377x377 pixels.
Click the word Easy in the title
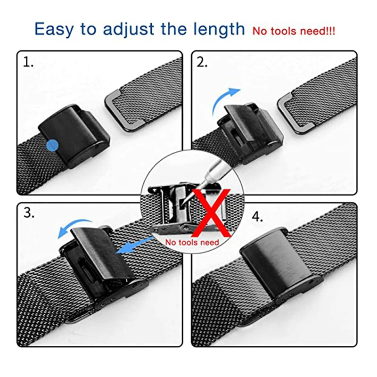point(54,30)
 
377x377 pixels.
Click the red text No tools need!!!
point(294,32)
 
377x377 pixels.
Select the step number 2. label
point(202,62)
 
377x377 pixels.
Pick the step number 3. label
point(29,213)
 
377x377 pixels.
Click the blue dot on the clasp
point(53,145)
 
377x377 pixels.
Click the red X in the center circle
point(211,212)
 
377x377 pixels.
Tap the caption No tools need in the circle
point(192,242)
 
